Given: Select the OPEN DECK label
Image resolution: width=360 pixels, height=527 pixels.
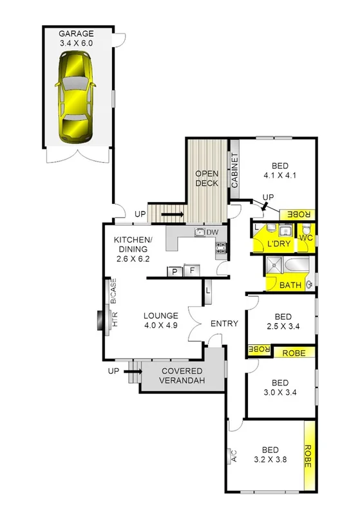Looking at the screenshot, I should pyautogui.click(x=207, y=178).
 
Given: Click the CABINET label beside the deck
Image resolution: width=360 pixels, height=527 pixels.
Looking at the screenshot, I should pyautogui.click(x=234, y=171).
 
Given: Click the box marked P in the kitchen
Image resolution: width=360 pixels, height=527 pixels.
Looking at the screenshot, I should pyautogui.click(x=175, y=272).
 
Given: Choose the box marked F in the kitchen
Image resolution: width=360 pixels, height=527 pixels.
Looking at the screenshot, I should pyautogui.click(x=192, y=270).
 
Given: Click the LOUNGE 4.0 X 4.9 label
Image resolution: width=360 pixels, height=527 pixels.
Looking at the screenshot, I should pyautogui.click(x=160, y=320).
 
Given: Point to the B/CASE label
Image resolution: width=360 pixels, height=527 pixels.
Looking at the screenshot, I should pyautogui.click(x=113, y=291).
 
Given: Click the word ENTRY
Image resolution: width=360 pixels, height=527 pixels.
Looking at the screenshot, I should pyautogui.click(x=224, y=324).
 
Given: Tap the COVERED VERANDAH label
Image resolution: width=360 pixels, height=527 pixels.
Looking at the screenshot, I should pyautogui.click(x=182, y=376).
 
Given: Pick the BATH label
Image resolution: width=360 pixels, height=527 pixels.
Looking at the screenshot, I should pyautogui.click(x=290, y=285).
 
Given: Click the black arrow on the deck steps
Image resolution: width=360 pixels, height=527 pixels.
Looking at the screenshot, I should pyautogui.click(x=172, y=214).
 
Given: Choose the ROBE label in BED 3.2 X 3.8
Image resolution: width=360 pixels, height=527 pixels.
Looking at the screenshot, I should pyautogui.click(x=308, y=456).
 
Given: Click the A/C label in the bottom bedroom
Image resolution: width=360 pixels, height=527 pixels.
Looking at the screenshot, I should pyautogui.click(x=234, y=456).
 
